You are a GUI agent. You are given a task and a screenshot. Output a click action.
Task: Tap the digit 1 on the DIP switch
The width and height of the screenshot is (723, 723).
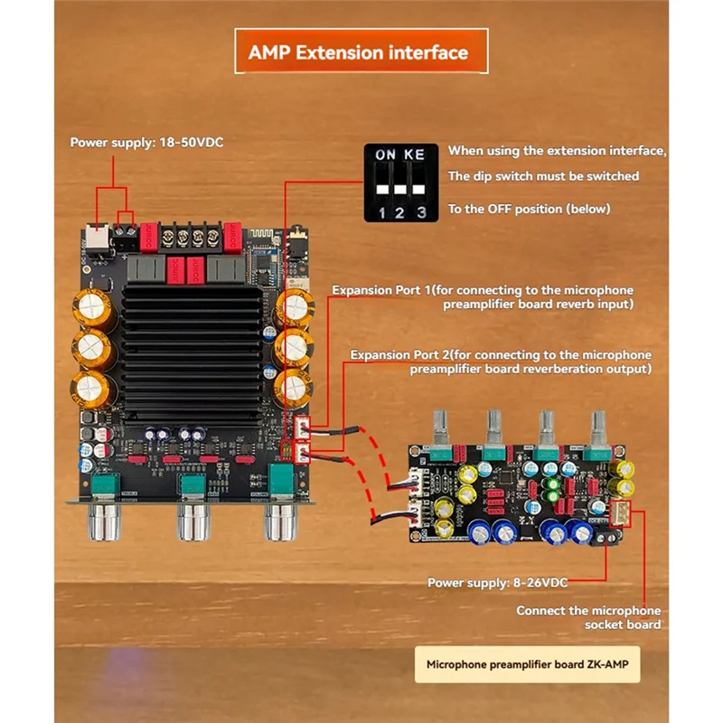pyautogui.click(x=381, y=211)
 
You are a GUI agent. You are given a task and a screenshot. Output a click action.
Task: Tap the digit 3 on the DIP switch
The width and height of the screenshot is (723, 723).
pyautogui.click(x=419, y=211)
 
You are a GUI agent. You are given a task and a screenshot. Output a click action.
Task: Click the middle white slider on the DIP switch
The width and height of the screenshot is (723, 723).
pyautogui.click(x=400, y=191)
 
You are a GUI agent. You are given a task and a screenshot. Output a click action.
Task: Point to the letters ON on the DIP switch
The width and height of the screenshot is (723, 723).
pyautogui.click(x=385, y=155)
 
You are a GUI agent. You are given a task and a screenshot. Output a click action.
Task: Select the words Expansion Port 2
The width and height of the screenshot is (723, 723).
pyautogui.click(x=400, y=355)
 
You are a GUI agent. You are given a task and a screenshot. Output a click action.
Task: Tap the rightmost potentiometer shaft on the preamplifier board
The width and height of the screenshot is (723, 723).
pyautogui.click(x=599, y=426)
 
